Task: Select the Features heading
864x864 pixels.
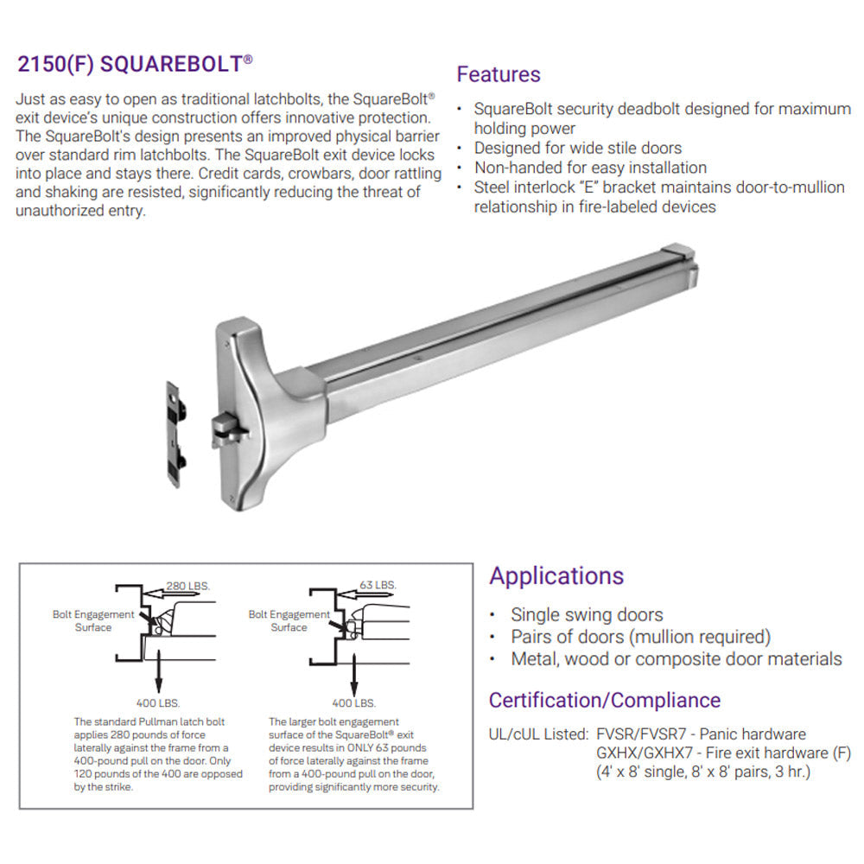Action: [x=499, y=74]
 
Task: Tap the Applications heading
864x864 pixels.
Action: [x=556, y=575]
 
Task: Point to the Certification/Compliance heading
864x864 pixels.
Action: [x=605, y=700]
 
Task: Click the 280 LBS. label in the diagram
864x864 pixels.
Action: [x=187, y=585]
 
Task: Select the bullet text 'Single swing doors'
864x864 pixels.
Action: [x=587, y=615]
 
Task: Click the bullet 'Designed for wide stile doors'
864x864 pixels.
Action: [x=577, y=148]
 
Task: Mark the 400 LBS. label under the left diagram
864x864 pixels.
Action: [x=158, y=702]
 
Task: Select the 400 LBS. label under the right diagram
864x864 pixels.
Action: [x=354, y=702]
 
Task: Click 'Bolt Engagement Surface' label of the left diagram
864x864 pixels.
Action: [x=93, y=620]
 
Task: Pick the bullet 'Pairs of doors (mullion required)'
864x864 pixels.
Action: [x=640, y=637]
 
